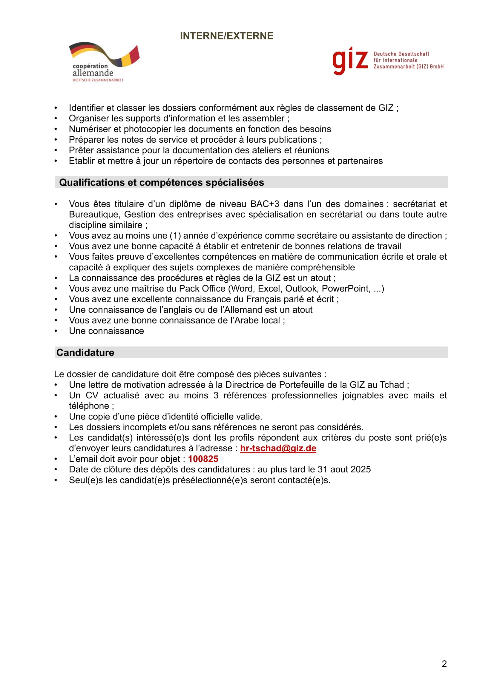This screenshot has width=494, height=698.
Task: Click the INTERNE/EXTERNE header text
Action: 227,36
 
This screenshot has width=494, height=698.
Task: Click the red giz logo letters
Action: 350,61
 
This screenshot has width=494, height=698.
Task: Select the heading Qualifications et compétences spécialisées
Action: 161,182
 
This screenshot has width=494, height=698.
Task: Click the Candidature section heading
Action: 85,352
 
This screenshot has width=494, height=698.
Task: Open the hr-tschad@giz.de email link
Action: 278,448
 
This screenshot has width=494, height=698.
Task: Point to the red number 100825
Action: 203,459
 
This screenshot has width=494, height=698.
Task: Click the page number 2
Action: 444,664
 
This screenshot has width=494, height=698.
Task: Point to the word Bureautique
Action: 95,214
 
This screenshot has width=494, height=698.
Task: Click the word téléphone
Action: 89,406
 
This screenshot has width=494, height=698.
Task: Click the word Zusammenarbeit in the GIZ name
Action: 394,67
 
